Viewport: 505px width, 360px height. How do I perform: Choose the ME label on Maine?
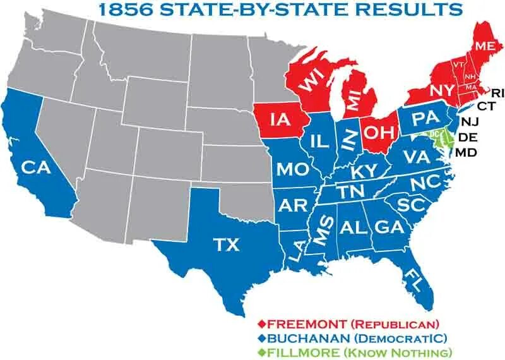pos(484,45)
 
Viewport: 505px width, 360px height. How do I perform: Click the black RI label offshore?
pos(498,93)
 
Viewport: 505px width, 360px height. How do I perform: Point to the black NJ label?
pos(470,121)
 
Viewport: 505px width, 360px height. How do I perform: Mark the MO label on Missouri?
pos(292,169)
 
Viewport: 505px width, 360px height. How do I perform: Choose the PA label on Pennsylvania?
pos(421,118)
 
